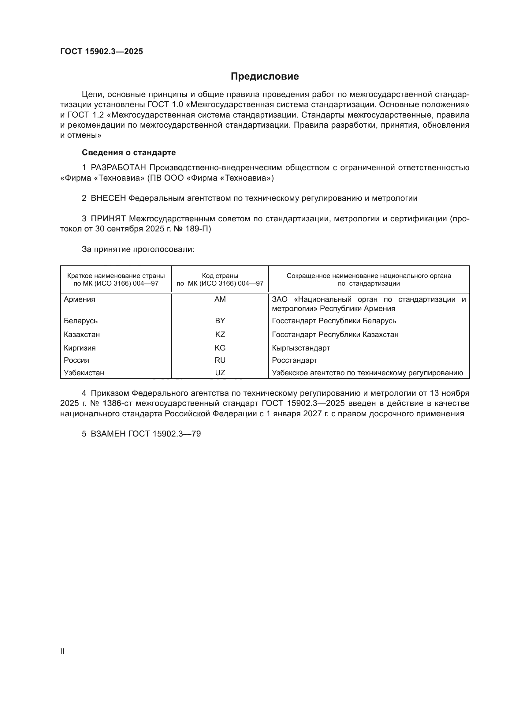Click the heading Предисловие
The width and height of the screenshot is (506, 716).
click(x=265, y=77)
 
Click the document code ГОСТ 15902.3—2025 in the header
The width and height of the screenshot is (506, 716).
click(x=102, y=51)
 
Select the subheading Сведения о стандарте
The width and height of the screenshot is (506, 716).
click(x=129, y=152)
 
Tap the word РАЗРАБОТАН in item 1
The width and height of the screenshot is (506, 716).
click(x=118, y=168)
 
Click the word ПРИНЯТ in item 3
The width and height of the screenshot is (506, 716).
click(x=108, y=219)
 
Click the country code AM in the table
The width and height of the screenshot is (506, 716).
click(x=220, y=299)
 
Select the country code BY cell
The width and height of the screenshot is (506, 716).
click(x=220, y=321)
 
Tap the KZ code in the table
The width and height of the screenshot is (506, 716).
click(x=220, y=335)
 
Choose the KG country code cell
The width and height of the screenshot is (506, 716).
click(x=220, y=348)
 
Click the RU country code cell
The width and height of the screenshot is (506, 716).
click(x=220, y=360)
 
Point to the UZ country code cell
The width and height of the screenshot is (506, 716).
click(x=220, y=373)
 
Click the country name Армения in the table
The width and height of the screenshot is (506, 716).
click(x=80, y=299)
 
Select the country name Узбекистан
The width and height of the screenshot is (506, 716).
click(x=84, y=373)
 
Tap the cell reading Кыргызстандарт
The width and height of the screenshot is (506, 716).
click(x=301, y=348)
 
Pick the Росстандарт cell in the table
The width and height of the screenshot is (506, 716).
click(x=294, y=360)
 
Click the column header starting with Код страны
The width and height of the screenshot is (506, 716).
click(x=220, y=279)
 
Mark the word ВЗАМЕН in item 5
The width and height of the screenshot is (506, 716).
click(x=108, y=434)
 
